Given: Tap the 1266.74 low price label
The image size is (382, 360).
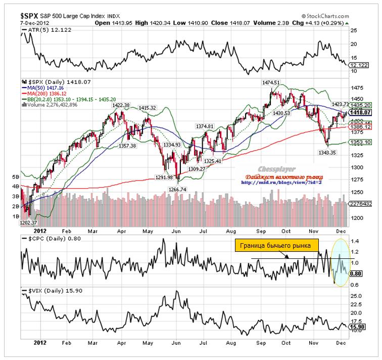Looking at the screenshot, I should click(x=177, y=190).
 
